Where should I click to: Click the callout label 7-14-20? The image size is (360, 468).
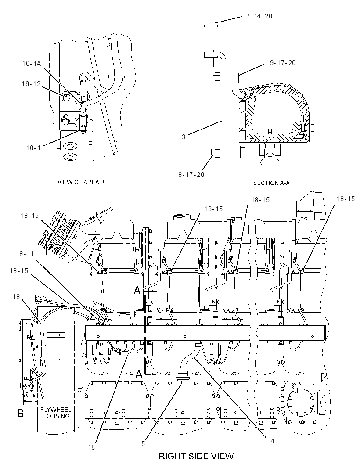(x=259, y=16)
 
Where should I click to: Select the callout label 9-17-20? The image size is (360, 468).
(x=282, y=63)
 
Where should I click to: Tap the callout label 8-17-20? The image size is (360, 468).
(x=191, y=174)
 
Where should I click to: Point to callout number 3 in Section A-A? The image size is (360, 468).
(x=184, y=137)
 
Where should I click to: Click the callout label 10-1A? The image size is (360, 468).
(x=31, y=63)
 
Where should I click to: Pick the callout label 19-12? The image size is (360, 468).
(x=31, y=84)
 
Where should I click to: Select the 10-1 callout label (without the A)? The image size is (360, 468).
(x=33, y=148)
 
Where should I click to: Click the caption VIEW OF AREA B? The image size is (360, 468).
(x=81, y=182)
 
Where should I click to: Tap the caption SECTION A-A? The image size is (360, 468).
(x=271, y=183)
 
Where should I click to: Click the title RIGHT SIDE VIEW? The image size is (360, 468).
(x=196, y=456)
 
